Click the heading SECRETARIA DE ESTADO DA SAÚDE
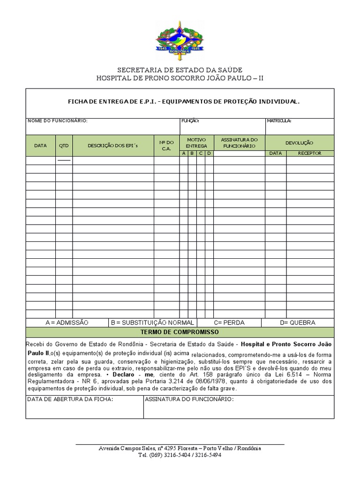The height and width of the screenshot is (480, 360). click(x=180, y=70)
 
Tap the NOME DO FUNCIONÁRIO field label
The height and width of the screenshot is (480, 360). click(x=58, y=120)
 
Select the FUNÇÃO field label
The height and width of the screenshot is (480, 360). click(x=190, y=120)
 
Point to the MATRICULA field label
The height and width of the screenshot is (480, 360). click(x=279, y=120)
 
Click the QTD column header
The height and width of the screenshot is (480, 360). click(x=64, y=145)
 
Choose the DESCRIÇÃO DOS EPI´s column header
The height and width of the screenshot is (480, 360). click(x=113, y=145)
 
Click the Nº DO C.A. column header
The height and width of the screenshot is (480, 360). click(x=166, y=145)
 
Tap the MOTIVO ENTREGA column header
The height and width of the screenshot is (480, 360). click(x=196, y=143)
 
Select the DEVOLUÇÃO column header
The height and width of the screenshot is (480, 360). click(x=300, y=142)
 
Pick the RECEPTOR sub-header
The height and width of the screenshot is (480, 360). click(x=310, y=153)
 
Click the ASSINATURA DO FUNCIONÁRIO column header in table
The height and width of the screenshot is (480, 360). click(x=239, y=143)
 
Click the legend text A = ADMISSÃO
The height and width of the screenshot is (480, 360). click(x=67, y=322)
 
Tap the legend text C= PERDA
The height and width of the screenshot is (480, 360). click(x=229, y=322)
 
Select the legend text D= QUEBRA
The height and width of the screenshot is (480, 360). click(x=298, y=322)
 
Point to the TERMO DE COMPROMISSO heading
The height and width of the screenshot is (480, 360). click(x=180, y=332)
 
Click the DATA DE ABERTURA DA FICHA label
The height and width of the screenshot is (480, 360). click(x=70, y=399)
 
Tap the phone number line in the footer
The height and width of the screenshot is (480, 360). click(x=180, y=455)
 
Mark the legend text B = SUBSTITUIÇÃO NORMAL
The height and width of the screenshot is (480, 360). click(x=152, y=322)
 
